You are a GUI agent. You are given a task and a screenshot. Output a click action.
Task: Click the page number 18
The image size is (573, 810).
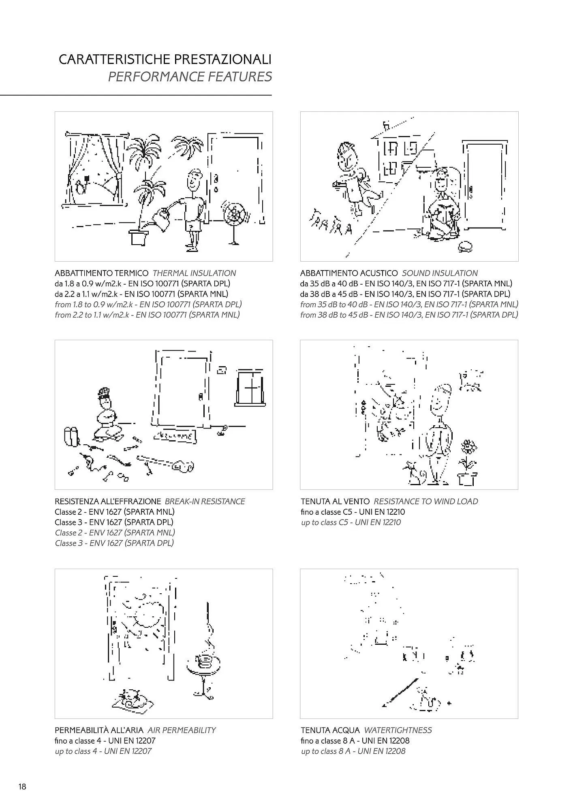[x=22, y=787]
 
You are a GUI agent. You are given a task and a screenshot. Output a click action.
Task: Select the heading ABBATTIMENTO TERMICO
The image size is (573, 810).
[x=102, y=273]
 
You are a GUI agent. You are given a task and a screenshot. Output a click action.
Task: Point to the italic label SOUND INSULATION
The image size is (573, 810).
[x=440, y=273]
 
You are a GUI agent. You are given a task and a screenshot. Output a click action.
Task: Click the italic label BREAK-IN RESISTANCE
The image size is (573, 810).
[x=205, y=501]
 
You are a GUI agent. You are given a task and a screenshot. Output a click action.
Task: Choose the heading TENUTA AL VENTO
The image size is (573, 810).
[x=335, y=501]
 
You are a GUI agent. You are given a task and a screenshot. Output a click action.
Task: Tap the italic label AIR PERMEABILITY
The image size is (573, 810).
[x=182, y=730]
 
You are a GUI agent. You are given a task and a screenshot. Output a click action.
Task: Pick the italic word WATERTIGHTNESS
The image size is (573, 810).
[x=398, y=730]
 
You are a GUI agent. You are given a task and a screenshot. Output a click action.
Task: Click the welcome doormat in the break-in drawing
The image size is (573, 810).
[x=175, y=436]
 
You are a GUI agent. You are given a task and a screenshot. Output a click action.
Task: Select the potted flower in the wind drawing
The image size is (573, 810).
[x=467, y=462]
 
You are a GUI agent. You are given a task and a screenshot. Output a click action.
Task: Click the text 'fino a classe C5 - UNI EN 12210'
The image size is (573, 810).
[x=353, y=512]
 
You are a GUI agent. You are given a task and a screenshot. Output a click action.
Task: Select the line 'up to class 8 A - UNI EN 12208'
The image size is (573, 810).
[x=353, y=751]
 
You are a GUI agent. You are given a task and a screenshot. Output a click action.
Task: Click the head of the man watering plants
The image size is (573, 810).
[x=194, y=181]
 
